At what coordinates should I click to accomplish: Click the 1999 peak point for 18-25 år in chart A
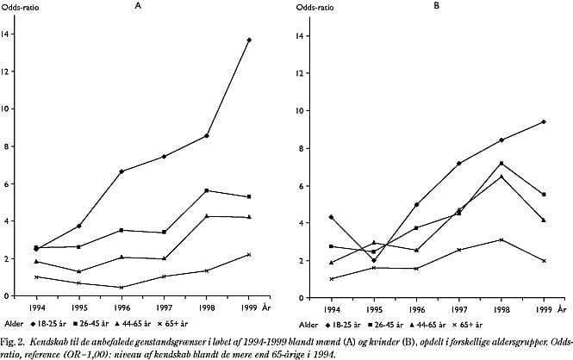(x=249, y=40)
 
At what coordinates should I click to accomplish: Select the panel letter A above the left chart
(x=137, y=6)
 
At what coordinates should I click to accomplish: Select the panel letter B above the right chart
(x=436, y=6)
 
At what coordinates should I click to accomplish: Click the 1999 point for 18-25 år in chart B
(x=545, y=121)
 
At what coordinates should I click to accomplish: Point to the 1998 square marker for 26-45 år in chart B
(x=501, y=163)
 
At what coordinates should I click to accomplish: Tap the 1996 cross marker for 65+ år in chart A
(x=123, y=288)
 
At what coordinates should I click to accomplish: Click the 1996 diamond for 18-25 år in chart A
(x=123, y=171)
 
